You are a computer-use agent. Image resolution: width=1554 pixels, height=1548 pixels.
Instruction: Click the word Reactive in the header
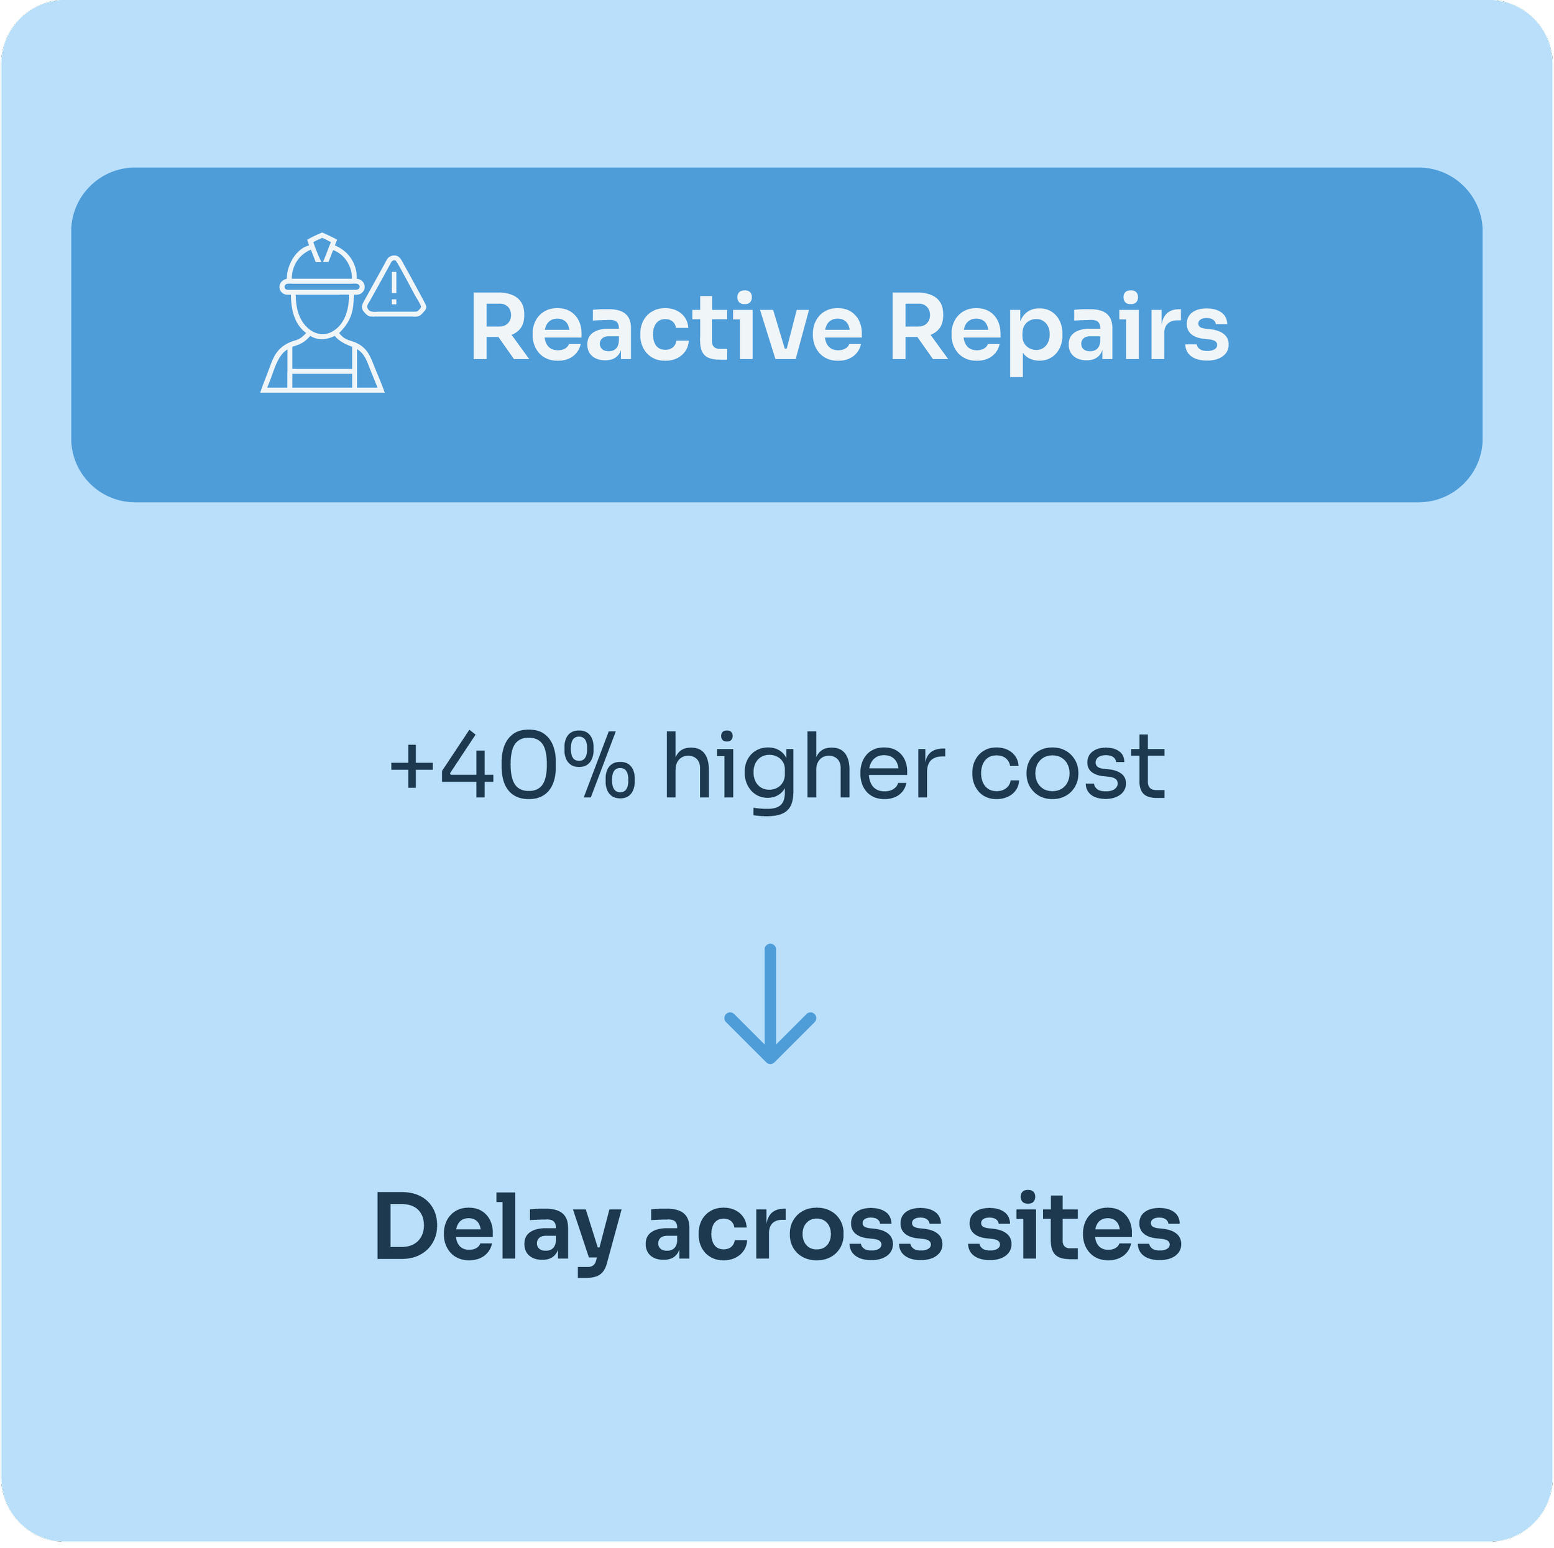[x=666, y=327]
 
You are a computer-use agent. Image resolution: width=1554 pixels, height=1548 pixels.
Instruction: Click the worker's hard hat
[x=322, y=265]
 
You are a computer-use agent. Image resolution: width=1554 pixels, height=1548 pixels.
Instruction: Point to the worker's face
[x=322, y=314]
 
